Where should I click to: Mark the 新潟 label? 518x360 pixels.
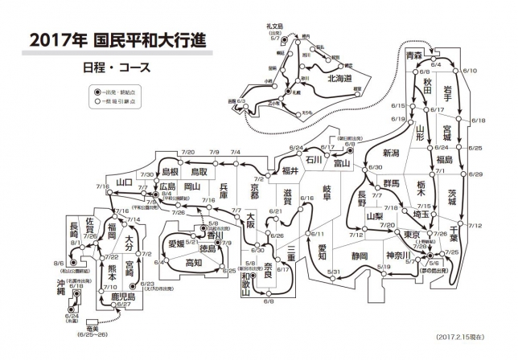391,153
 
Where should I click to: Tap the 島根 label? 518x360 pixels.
170,172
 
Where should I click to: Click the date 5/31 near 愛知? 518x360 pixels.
331,273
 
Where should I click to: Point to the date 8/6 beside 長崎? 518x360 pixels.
59,264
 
